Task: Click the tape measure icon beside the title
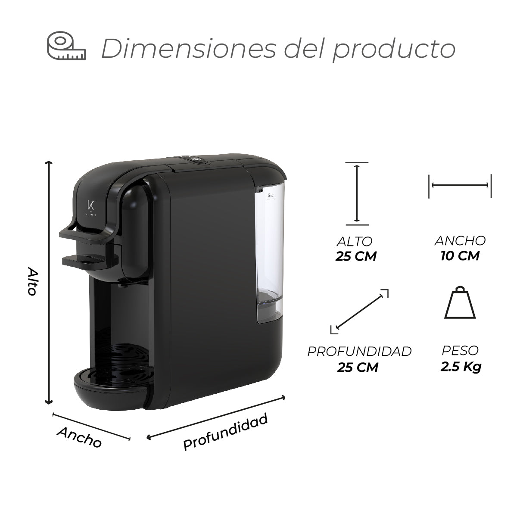[x=66, y=46]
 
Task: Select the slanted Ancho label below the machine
[x=79, y=437]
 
